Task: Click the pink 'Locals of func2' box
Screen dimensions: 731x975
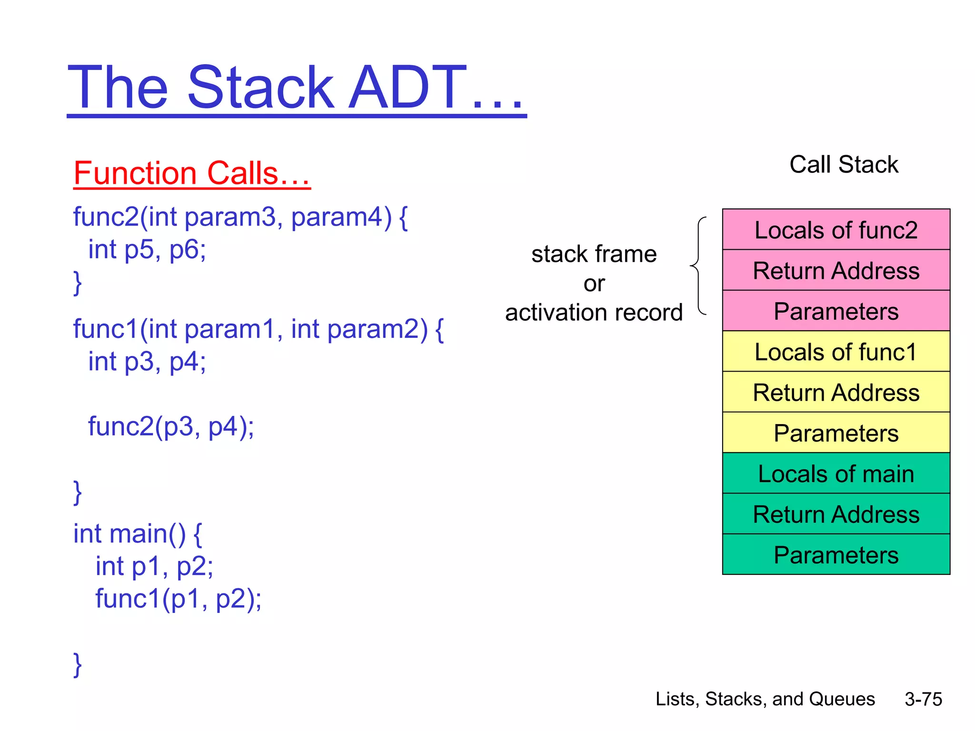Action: (x=836, y=230)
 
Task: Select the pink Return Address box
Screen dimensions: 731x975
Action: (x=836, y=270)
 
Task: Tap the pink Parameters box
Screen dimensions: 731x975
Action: (x=836, y=311)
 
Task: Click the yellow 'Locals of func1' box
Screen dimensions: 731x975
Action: (x=836, y=352)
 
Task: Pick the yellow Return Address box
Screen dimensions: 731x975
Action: (x=836, y=392)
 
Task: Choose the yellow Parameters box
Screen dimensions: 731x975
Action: (x=836, y=433)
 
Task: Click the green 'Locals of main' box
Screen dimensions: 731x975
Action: (x=836, y=474)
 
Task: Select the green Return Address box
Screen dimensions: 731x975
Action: (x=836, y=514)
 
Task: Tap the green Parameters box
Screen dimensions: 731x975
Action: (x=836, y=555)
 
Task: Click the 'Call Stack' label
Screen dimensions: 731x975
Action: (x=844, y=165)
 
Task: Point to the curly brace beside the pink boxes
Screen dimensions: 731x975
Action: (x=698, y=266)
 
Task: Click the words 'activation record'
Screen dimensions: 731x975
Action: (x=594, y=313)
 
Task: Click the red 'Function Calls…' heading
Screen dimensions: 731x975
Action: (x=192, y=173)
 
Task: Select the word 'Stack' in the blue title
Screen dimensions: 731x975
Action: (x=261, y=88)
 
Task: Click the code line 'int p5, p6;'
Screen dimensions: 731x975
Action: (x=147, y=249)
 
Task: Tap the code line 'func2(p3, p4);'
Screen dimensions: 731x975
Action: (x=171, y=426)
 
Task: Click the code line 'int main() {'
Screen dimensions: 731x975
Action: (x=138, y=533)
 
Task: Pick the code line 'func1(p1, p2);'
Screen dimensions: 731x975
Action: (x=178, y=598)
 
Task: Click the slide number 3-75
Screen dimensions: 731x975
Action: (x=923, y=699)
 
